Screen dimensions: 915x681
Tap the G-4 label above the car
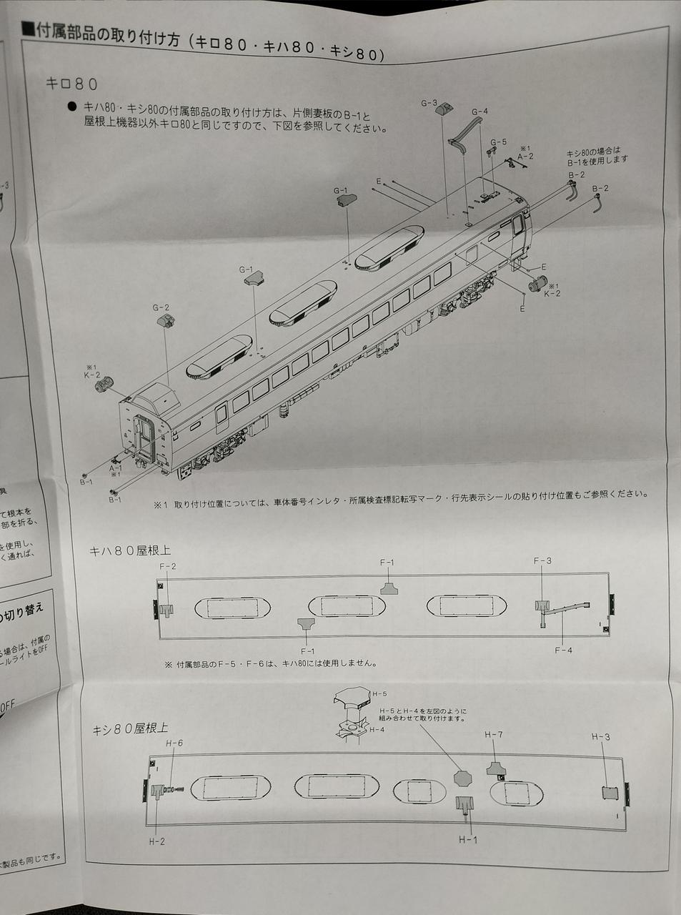(x=479, y=112)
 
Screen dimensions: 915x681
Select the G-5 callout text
(x=498, y=142)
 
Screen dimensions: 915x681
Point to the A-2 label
(x=525, y=155)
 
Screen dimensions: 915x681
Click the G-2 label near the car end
(x=161, y=307)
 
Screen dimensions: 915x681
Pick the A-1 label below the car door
(x=116, y=468)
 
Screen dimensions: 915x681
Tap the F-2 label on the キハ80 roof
(x=168, y=566)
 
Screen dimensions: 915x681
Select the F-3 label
(x=542, y=561)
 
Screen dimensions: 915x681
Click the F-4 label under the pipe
(x=563, y=650)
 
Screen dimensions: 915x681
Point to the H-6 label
(x=174, y=743)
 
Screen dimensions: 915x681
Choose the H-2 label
(x=157, y=841)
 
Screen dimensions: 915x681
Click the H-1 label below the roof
(x=467, y=839)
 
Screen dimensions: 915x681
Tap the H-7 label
(x=494, y=735)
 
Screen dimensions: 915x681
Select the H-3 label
(x=600, y=737)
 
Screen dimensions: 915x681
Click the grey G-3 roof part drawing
(x=444, y=108)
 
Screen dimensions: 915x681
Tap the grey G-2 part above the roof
(x=164, y=320)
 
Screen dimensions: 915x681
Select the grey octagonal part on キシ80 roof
(x=463, y=778)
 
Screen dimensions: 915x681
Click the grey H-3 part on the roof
(x=610, y=792)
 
